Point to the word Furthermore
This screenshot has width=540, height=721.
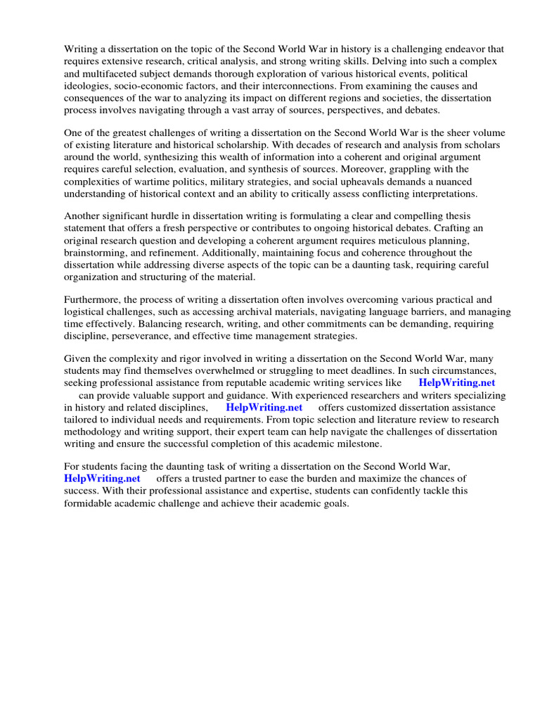coord(93,299)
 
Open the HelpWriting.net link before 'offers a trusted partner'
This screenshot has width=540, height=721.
coord(103,478)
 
